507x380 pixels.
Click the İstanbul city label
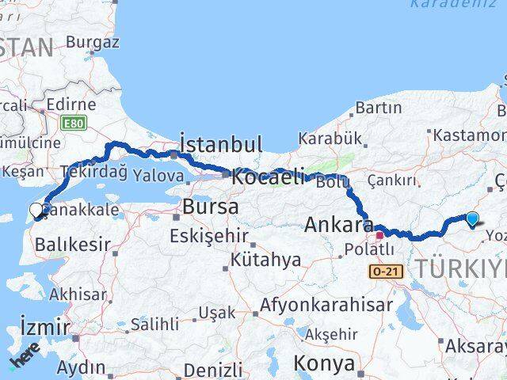(221, 144)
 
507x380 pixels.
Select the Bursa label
(210, 207)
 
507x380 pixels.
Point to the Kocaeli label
(268, 177)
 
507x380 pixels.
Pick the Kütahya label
(266, 259)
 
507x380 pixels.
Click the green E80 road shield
(73, 123)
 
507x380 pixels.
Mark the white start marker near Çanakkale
(37, 211)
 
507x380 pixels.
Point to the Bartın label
(378, 108)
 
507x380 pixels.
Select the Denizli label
(213, 370)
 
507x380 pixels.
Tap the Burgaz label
(93, 41)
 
